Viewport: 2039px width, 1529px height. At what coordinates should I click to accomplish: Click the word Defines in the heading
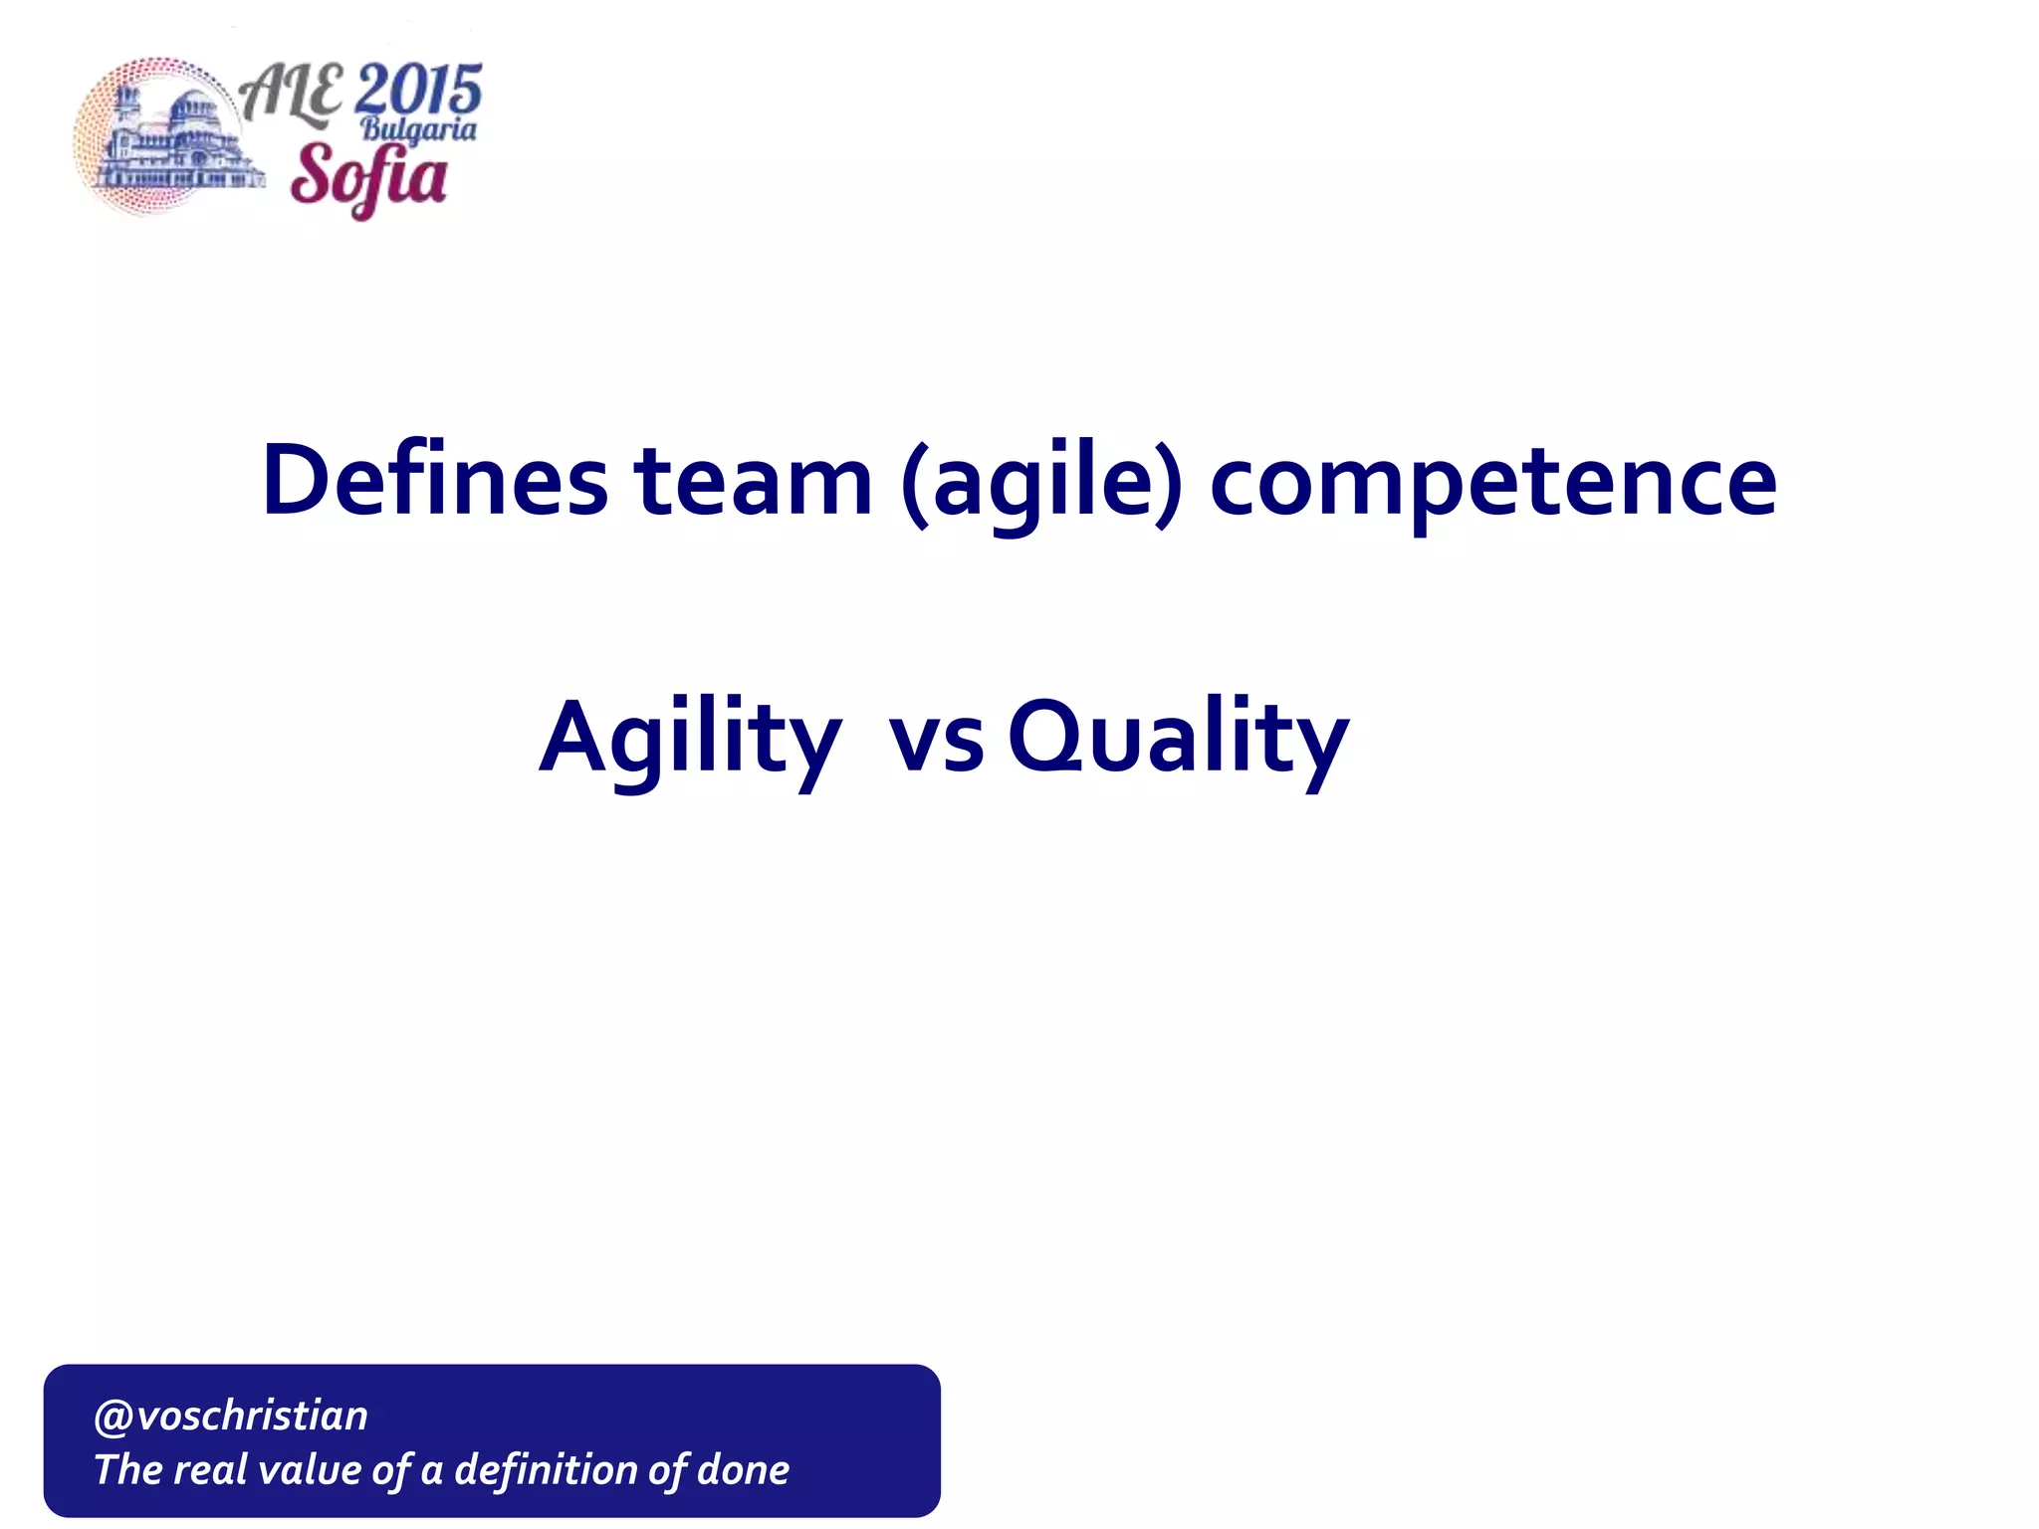tap(433, 481)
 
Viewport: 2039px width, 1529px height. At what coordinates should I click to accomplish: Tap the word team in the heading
tap(754, 481)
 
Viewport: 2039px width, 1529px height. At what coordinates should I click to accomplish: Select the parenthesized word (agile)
tap(1041, 483)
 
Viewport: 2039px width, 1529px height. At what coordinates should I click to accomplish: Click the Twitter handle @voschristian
tap(231, 1416)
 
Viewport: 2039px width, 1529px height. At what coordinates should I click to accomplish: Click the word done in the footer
tap(744, 1470)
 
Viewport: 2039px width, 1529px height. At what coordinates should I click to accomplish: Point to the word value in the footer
tap(310, 1470)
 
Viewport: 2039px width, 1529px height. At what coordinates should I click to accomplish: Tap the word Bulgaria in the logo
tap(418, 129)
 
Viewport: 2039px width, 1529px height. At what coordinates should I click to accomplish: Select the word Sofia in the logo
tap(368, 177)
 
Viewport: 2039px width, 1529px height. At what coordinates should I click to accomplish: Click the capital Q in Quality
tap(1044, 737)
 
